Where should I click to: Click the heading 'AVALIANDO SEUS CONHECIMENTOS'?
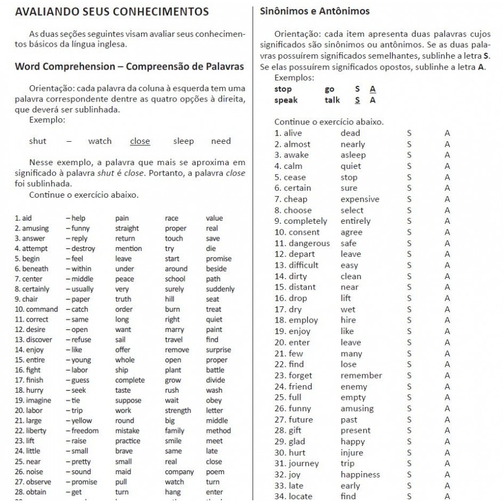tap(111, 11)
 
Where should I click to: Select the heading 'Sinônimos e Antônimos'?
tap(315, 11)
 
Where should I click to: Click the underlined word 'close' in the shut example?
tap(140, 141)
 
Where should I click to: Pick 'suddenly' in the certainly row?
tap(220, 289)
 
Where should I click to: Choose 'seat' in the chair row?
tap(213, 299)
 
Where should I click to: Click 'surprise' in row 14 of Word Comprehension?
tap(218, 350)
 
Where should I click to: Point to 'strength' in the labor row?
tap(178, 411)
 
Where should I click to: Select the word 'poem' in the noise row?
tap(215, 471)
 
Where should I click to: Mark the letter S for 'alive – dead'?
tap(409, 133)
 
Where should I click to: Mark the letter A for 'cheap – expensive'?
tap(447, 199)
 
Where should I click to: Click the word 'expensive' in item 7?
tap(360, 199)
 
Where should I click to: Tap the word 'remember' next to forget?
tap(361, 375)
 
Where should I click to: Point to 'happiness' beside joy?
tap(360, 475)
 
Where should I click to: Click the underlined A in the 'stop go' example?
tap(373, 89)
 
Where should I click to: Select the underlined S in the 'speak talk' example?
tap(357, 100)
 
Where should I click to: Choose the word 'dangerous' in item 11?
tap(309, 243)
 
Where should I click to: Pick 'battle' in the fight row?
tap(215, 370)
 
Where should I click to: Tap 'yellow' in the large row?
tap(81, 420)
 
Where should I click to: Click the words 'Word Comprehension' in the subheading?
tap(62, 66)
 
